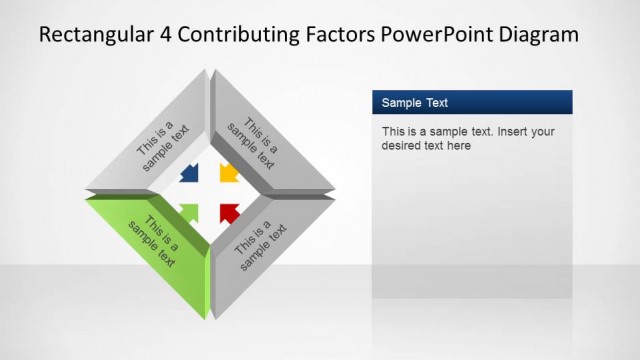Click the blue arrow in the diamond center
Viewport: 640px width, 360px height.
click(x=188, y=174)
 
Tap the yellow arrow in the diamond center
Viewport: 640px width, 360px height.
click(x=229, y=173)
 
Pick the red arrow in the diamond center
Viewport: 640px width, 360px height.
click(x=229, y=212)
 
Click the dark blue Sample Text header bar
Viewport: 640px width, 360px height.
click(x=471, y=102)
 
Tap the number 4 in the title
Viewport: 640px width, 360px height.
click(x=162, y=36)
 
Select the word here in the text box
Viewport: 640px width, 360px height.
click(x=458, y=145)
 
